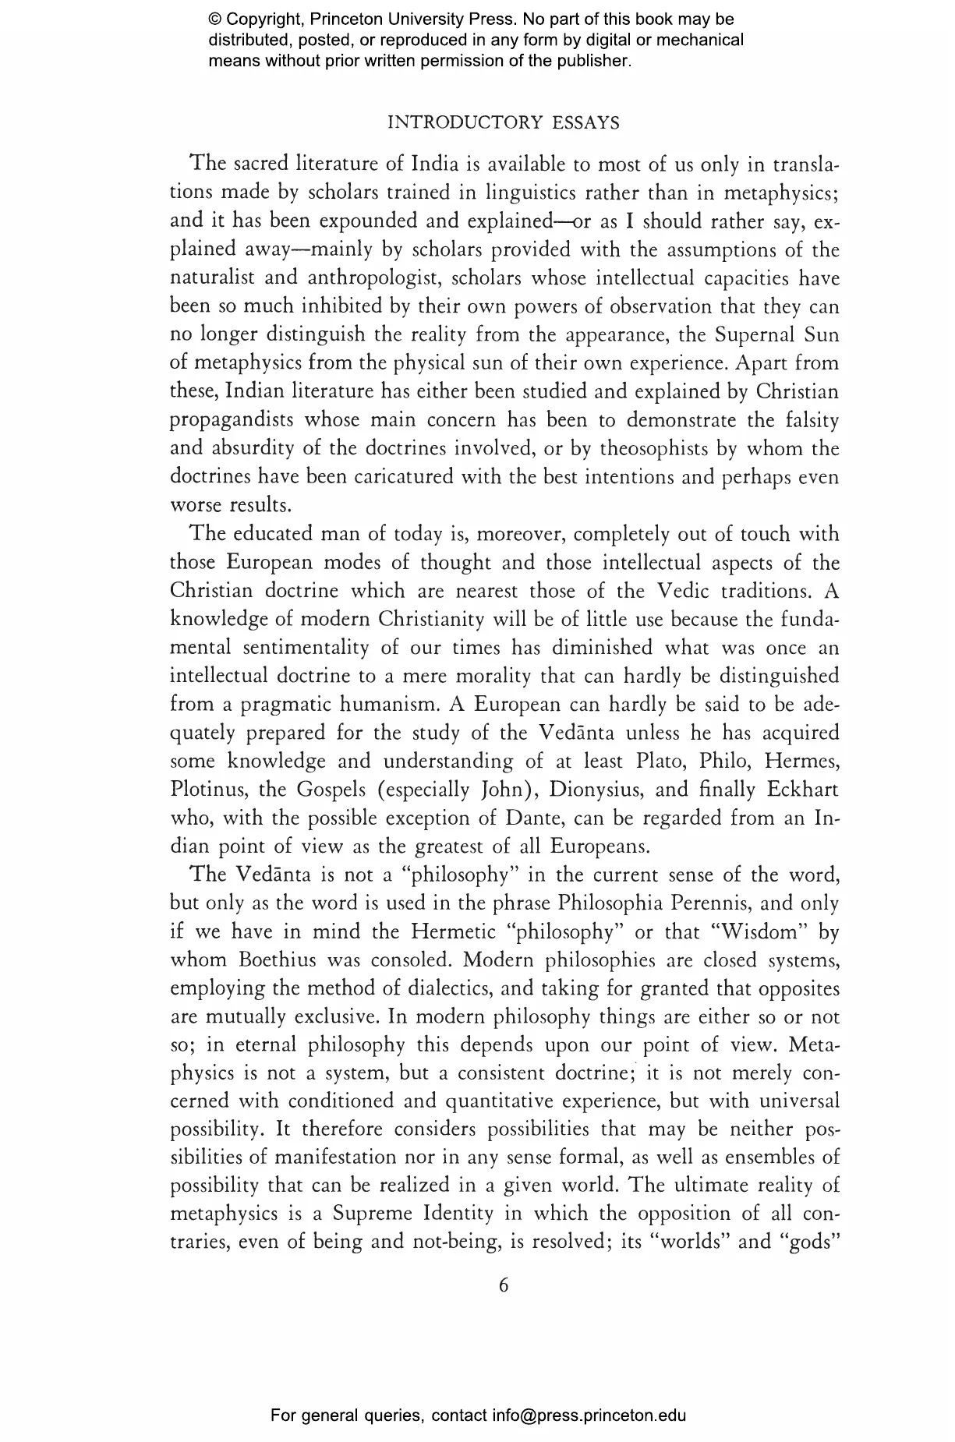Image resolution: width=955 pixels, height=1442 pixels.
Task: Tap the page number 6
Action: click(x=503, y=1285)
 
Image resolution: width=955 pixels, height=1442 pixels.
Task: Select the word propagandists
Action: click(x=232, y=421)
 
